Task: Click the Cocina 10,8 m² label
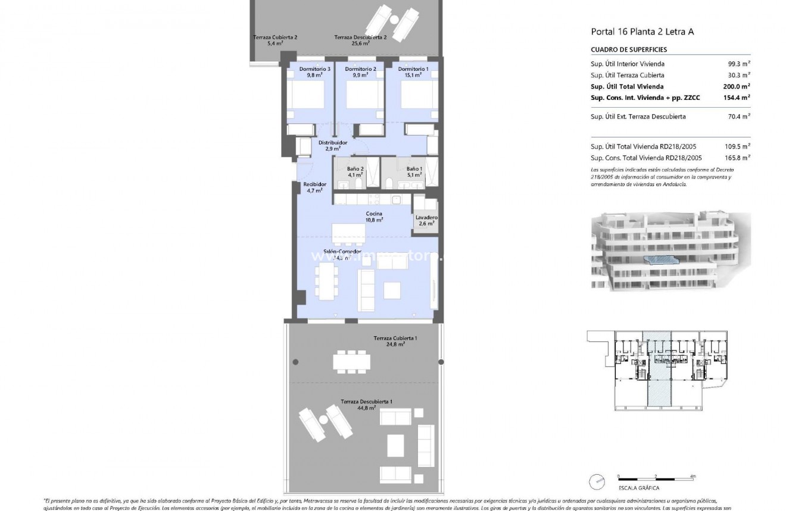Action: pyautogui.click(x=375, y=217)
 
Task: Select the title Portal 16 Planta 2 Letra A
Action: pyautogui.click(x=642, y=32)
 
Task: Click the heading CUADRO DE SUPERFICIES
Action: pyautogui.click(x=628, y=50)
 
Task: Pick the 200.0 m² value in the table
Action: pyautogui.click(x=736, y=86)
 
